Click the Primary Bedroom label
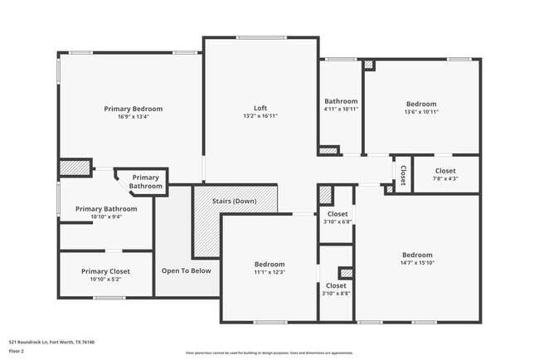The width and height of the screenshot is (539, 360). [x=133, y=109]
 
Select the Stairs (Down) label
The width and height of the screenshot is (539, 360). [x=233, y=202]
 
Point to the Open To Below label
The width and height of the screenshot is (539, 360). [x=186, y=270]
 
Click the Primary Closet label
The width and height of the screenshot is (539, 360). [x=105, y=271]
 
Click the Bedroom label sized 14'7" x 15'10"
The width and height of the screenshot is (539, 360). [x=417, y=255]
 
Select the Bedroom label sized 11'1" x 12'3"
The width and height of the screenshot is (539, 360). [x=269, y=264]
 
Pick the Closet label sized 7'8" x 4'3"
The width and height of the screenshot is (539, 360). [x=445, y=171]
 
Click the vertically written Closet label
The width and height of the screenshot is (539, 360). [x=403, y=175]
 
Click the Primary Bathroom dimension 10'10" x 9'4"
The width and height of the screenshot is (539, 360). [x=100, y=217]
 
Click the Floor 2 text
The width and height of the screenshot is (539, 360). [x=17, y=351]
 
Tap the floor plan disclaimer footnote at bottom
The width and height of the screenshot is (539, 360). [x=269, y=353]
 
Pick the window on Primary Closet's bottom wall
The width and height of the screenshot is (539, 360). [x=109, y=298]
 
